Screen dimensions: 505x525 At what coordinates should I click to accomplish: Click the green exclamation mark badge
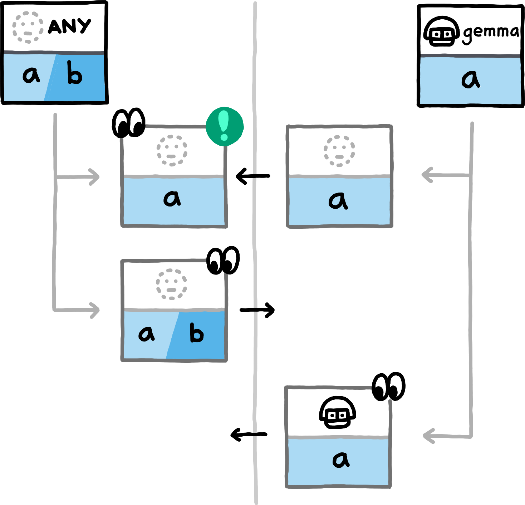[x=225, y=126]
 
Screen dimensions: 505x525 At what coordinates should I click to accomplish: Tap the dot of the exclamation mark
[x=224, y=137]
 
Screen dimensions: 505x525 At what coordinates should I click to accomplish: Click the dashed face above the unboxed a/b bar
[x=28, y=28]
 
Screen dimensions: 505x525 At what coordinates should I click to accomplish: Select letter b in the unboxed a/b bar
[x=74, y=73]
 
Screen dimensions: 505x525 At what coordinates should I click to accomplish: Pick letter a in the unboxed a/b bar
[x=31, y=76]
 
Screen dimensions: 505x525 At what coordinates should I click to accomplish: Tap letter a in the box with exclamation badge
[x=172, y=198]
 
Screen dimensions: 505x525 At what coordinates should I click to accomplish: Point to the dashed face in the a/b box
[x=172, y=284]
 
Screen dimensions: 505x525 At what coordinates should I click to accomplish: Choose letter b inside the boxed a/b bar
[x=196, y=333]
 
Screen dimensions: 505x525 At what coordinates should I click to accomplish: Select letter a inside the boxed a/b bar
[x=147, y=334]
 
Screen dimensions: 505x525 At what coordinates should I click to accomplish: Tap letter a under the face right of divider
[x=338, y=201]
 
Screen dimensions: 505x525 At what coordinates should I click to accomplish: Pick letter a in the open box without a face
[x=340, y=460]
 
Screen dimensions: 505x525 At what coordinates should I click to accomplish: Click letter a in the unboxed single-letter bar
[x=470, y=79]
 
